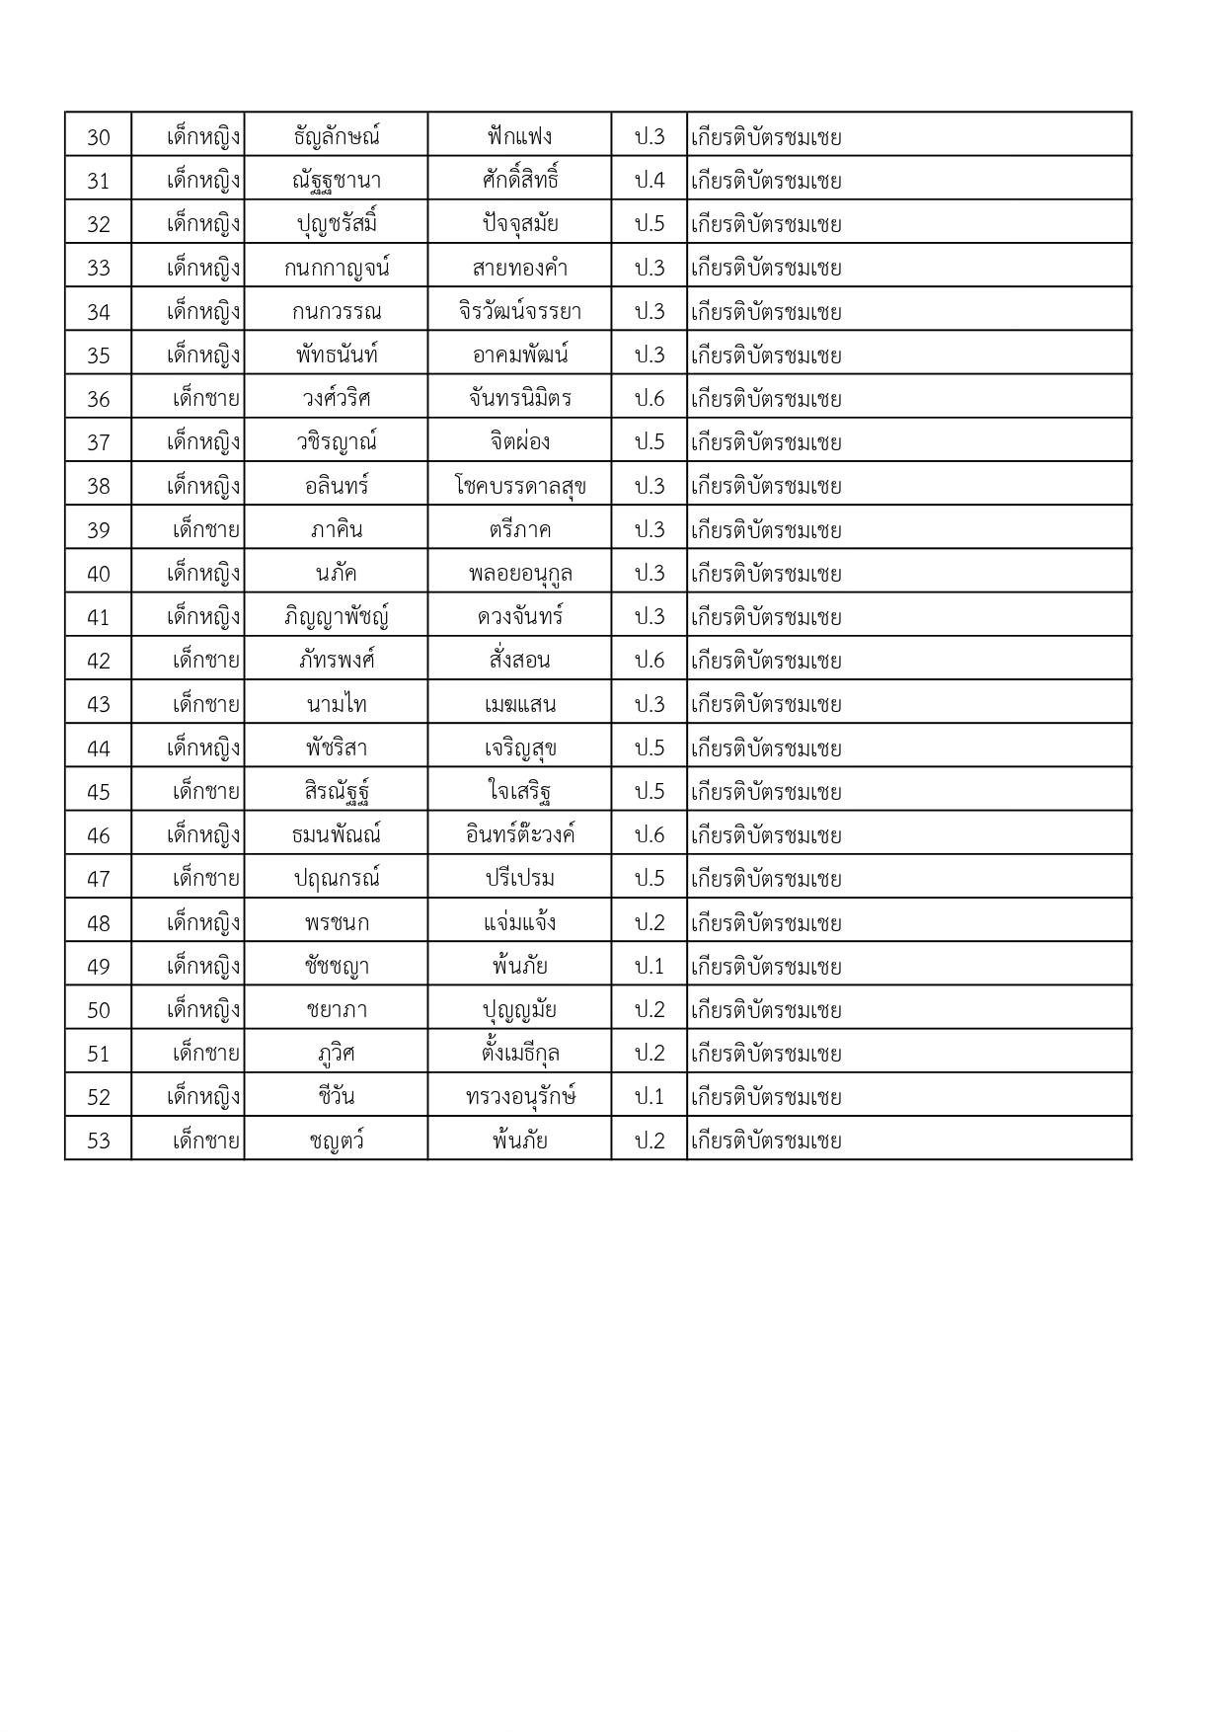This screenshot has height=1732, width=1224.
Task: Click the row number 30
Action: pos(99,136)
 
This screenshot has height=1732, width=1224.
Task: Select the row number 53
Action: pos(99,1141)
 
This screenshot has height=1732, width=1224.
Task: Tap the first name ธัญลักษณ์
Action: pos(337,136)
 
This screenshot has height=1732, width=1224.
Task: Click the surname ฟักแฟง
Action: pos(519,136)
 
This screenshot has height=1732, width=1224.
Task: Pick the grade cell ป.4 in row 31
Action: pos(650,181)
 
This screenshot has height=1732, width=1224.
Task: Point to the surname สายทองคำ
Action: pos(519,268)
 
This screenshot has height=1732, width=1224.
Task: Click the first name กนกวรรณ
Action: pos(337,312)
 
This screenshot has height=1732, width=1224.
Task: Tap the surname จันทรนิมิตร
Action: pos(519,399)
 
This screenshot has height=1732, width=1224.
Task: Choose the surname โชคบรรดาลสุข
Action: pos(519,486)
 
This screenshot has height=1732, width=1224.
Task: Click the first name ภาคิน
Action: pos(337,529)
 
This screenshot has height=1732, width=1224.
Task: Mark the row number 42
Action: pos(99,661)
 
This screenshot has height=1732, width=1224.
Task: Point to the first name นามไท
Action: pos(337,704)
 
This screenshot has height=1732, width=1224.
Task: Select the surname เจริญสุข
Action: pos(519,748)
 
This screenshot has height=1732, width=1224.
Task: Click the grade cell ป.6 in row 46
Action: pos(650,835)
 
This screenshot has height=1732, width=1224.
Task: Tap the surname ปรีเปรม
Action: pos(519,879)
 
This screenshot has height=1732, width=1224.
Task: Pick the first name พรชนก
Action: pos(337,922)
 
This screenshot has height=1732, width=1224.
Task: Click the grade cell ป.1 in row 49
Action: pos(650,966)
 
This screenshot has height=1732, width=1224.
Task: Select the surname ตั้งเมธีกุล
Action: pos(519,1054)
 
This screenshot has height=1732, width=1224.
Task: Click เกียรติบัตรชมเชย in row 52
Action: pos(766,1097)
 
